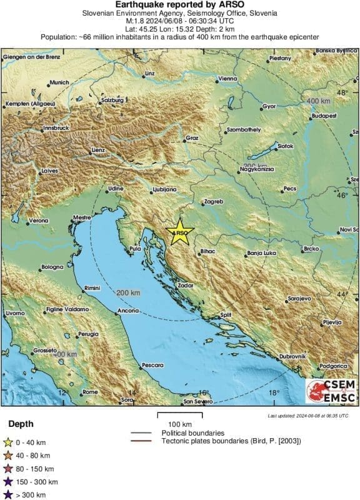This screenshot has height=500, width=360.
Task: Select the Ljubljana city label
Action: [165, 189]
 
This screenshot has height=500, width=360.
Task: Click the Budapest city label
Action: [324, 116]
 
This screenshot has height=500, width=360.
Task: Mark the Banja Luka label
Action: [262, 253]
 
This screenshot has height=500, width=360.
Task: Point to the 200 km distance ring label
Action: [128, 293]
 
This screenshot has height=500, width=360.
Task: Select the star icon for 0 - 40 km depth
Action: [8, 443]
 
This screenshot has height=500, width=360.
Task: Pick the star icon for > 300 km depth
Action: [8, 495]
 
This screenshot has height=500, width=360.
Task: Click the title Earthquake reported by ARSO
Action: [179, 4]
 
